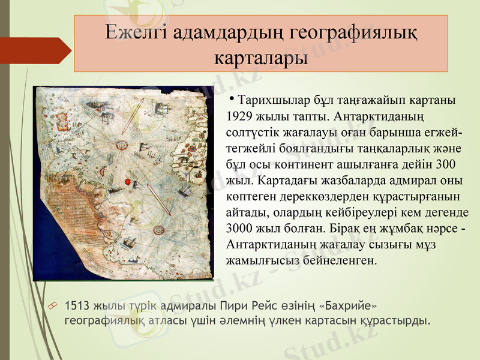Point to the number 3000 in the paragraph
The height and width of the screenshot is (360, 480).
point(241,229)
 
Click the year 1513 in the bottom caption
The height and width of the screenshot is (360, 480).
point(77,306)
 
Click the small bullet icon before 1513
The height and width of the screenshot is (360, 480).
point(53,307)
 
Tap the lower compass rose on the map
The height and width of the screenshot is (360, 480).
point(160,229)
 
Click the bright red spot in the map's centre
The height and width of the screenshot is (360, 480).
point(128,181)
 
